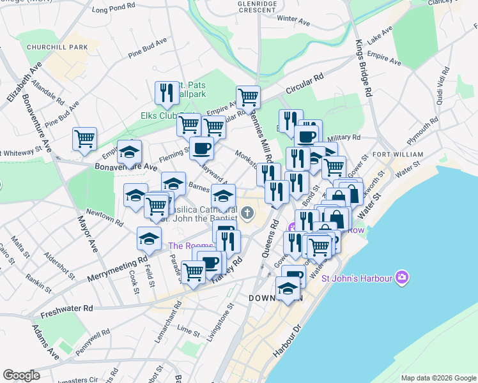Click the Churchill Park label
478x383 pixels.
[57, 47]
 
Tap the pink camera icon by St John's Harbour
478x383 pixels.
[402, 277]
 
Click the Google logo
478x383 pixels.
[21, 375]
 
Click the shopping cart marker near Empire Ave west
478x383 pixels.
[84, 138]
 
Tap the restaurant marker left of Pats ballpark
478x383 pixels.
[167, 92]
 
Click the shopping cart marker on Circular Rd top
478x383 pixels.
[248, 97]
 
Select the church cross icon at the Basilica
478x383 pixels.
[247, 213]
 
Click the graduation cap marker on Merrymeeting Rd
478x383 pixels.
[149, 238]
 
